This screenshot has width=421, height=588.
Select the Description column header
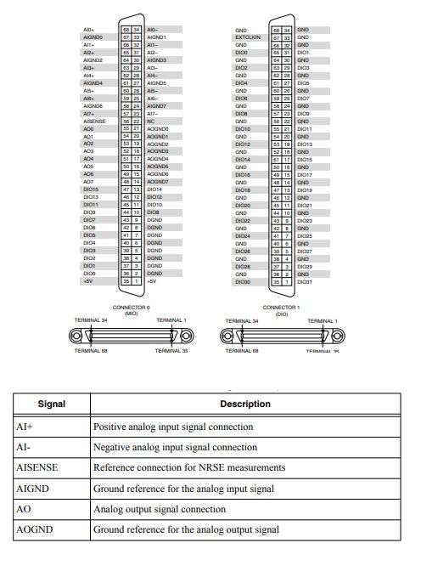point(244,404)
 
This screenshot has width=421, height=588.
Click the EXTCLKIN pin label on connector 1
point(246,37)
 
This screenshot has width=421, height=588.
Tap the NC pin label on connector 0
point(151,122)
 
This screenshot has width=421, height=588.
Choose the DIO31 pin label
point(306,281)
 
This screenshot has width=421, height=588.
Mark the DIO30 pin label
point(243,281)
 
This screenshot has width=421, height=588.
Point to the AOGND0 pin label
point(158,128)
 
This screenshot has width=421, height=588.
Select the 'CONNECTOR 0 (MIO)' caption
point(131,309)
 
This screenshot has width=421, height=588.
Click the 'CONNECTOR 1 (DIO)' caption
point(281,309)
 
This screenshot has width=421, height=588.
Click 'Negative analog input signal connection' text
point(175,448)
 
